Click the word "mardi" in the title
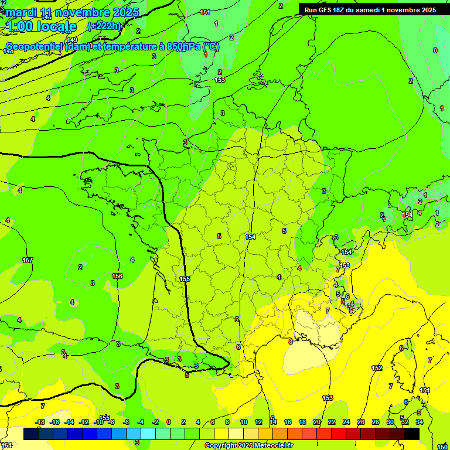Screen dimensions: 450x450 click(x=21, y=12)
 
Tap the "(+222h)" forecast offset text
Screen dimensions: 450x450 click(x=104, y=26)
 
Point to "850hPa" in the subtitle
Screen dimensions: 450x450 click(x=183, y=46)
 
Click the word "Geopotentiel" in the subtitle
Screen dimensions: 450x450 click(x=35, y=46)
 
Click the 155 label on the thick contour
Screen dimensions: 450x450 click(x=185, y=279)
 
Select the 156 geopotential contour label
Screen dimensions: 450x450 click(x=117, y=276)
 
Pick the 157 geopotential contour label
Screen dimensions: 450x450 click(x=28, y=260)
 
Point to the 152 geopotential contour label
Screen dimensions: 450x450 click(x=377, y=368)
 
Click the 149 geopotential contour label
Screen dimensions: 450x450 click(x=72, y=40)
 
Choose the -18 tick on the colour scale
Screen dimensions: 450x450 click(x=40, y=422)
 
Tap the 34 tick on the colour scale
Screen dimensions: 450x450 click(x=420, y=422)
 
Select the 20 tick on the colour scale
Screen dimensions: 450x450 click(x=317, y=422)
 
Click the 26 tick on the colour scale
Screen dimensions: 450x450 click(x=361, y=422)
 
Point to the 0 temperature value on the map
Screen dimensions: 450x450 click(x=435, y=50)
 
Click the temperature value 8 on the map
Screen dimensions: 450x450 click(x=290, y=342)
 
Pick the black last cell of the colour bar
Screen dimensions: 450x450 click(x=412, y=434)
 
